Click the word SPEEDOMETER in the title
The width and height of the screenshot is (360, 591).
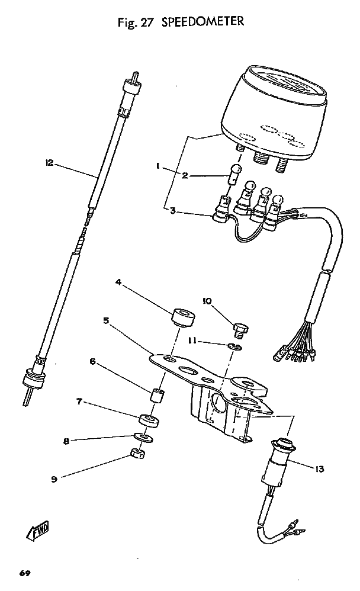click(x=202, y=21)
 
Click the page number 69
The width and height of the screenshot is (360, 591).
click(x=25, y=574)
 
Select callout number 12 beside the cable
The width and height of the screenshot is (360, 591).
click(x=49, y=163)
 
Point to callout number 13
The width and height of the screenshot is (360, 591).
click(x=319, y=469)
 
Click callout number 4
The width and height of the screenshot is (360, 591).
click(x=118, y=281)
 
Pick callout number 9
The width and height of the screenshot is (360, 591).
click(x=54, y=480)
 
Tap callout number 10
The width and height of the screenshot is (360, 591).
click(x=207, y=301)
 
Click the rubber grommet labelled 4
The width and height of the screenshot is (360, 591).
click(x=184, y=317)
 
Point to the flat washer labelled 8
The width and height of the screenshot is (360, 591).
click(x=144, y=437)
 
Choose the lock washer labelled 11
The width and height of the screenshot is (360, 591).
click(x=236, y=346)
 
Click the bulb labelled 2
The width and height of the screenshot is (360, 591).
click(x=234, y=174)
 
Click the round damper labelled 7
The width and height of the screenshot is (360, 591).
click(x=149, y=419)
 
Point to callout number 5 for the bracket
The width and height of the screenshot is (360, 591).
click(x=107, y=320)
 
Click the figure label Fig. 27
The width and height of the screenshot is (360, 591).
click(x=136, y=23)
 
